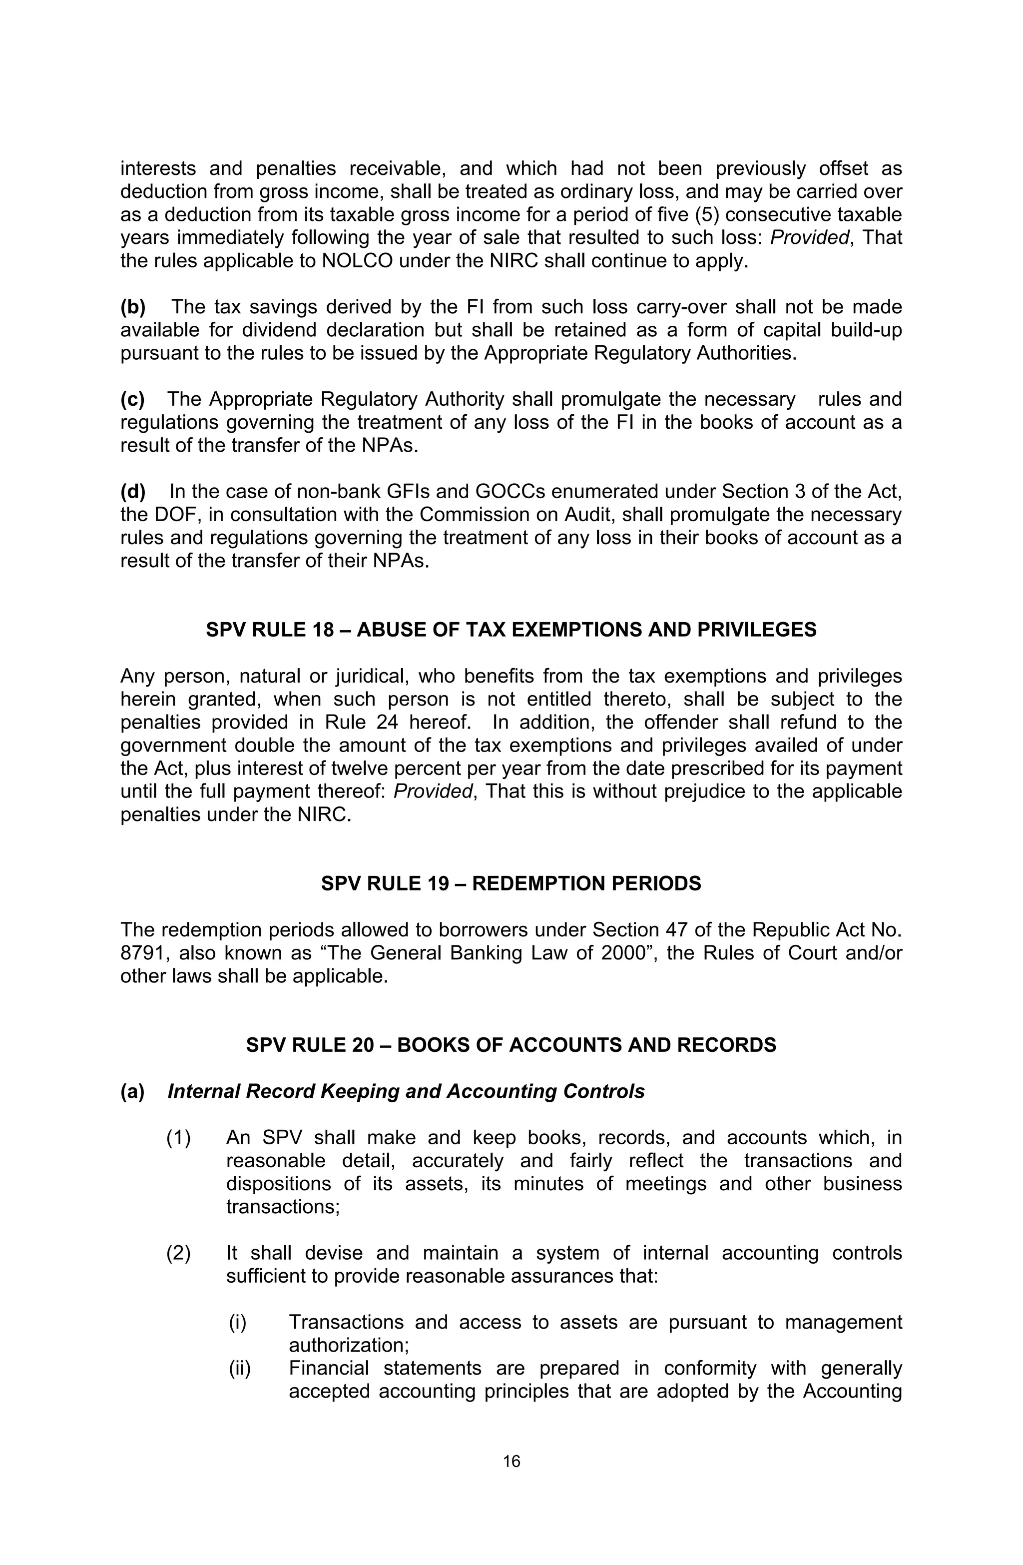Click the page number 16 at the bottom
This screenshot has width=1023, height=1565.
(x=511, y=1461)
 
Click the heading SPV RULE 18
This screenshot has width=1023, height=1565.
(x=511, y=630)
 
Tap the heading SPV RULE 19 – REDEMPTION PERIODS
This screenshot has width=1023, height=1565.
(x=511, y=883)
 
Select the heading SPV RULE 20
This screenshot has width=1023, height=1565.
(x=511, y=1045)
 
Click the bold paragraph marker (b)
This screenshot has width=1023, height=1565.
(x=133, y=307)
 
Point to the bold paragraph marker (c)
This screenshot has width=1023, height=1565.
(x=133, y=399)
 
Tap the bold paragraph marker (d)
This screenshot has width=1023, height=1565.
(x=133, y=491)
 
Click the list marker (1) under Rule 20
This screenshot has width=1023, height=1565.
(x=178, y=1137)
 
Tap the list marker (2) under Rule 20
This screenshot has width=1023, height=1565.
(x=178, y=1253)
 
